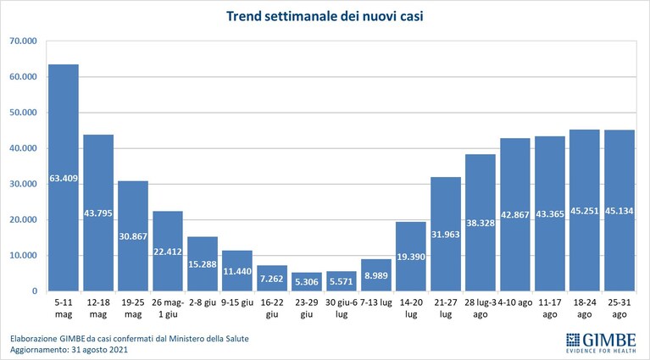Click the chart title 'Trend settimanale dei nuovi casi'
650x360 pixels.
pos(325,17)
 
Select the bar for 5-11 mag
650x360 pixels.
pos(64,177)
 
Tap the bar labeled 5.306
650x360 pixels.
pos(306,281)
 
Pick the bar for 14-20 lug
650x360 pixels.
pos(411,256)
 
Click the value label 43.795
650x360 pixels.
pos(98,213)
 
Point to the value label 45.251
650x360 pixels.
pos(585,211)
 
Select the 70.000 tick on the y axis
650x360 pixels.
pos(23,41)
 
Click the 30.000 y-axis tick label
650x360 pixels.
pos(23,184)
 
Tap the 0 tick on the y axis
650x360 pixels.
pos(35,291)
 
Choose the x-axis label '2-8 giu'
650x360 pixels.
pos(203,302)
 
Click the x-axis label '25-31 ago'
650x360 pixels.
pos(619,308)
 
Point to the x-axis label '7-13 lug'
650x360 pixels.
pos(376,302)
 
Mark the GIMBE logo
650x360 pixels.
pos(601,343)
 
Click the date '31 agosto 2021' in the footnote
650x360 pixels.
pos(99,350)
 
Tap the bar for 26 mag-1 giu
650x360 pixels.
pos(168,251)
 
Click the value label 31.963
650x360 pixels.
pos(446,235)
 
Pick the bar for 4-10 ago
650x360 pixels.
pos(515,214)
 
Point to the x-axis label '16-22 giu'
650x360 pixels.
pos(272,308)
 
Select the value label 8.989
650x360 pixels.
pos(376,276)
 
